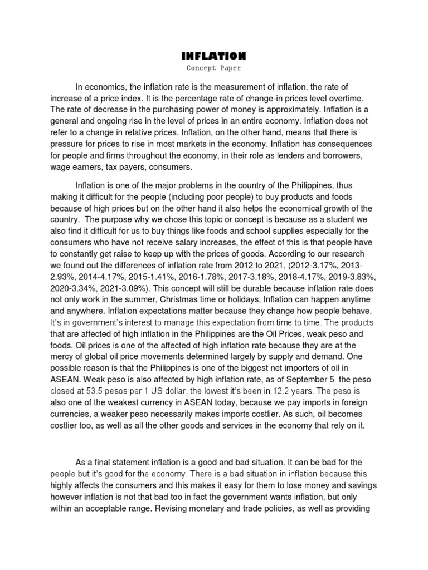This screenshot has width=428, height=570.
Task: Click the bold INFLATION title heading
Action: (x=213, y=56)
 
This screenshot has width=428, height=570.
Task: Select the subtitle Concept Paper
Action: (x=213, y=68)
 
